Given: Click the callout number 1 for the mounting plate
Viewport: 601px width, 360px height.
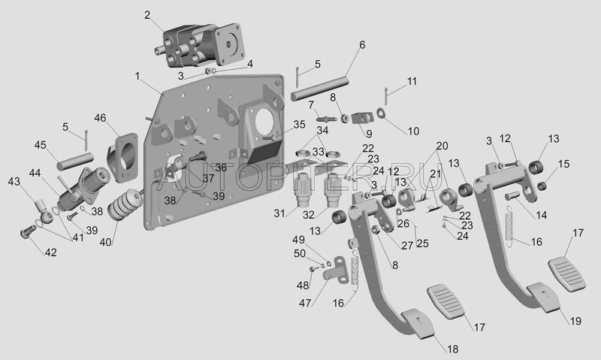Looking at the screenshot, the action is tap(137, 77).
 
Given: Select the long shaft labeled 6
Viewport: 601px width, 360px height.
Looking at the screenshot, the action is tap(320, 89).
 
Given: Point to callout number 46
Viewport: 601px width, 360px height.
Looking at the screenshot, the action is tap(101, 118).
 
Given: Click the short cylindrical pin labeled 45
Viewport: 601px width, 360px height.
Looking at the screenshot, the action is tap(76, 162).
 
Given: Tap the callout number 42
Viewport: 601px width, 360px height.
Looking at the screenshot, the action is tap(50, 253).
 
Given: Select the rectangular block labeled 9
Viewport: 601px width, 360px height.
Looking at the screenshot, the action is tap(362, 117).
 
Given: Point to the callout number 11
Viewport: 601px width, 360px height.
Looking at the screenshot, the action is tap(412, 81).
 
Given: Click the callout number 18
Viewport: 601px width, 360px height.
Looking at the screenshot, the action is tap(453, 349).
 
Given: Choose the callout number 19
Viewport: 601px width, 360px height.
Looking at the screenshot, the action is tap(575, 320).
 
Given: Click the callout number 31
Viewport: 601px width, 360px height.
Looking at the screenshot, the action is tap(279, 213).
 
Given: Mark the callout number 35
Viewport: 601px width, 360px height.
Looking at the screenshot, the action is tap(299, 125).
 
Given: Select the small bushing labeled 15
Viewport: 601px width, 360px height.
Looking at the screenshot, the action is tap(541, 186).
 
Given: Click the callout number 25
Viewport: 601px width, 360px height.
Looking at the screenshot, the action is tap(422, 244).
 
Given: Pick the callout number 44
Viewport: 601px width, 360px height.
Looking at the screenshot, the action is tap(35, 174).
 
